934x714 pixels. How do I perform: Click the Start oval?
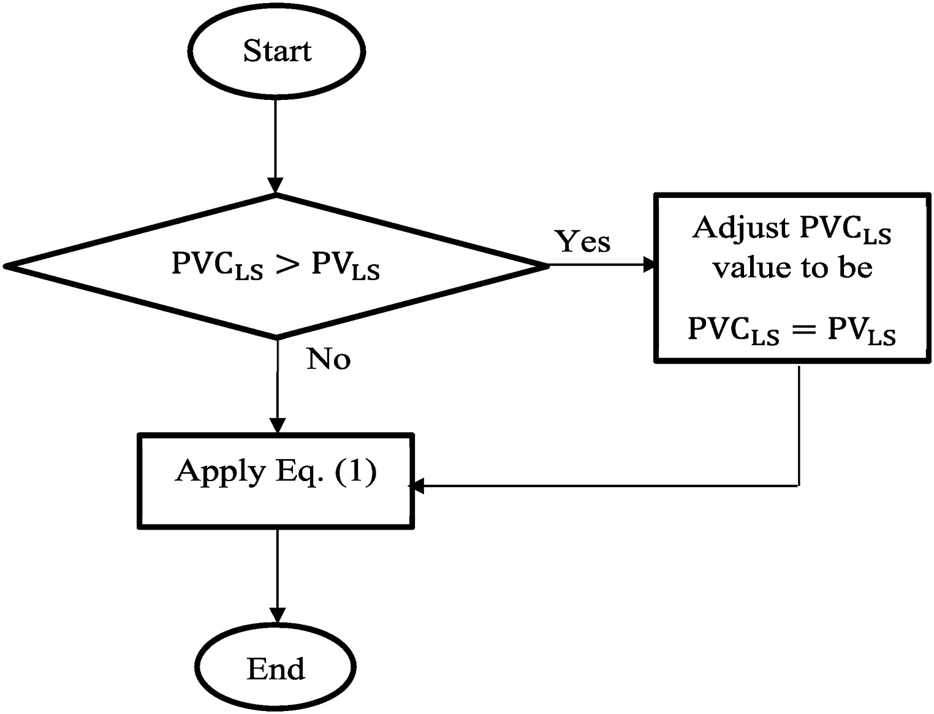[x=277, y=51]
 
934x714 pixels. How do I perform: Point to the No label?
[x=328, y=359]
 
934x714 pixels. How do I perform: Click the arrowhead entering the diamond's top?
[x=276, y=186]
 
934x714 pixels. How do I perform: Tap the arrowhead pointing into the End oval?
[x=278, y=615]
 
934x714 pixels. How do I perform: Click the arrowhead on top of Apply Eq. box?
[x=278, y=425]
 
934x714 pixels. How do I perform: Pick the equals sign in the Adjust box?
[x=803, y=330]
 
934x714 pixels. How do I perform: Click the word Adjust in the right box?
[x=742, y=229]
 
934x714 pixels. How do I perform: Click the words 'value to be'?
[x=792, y=268]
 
